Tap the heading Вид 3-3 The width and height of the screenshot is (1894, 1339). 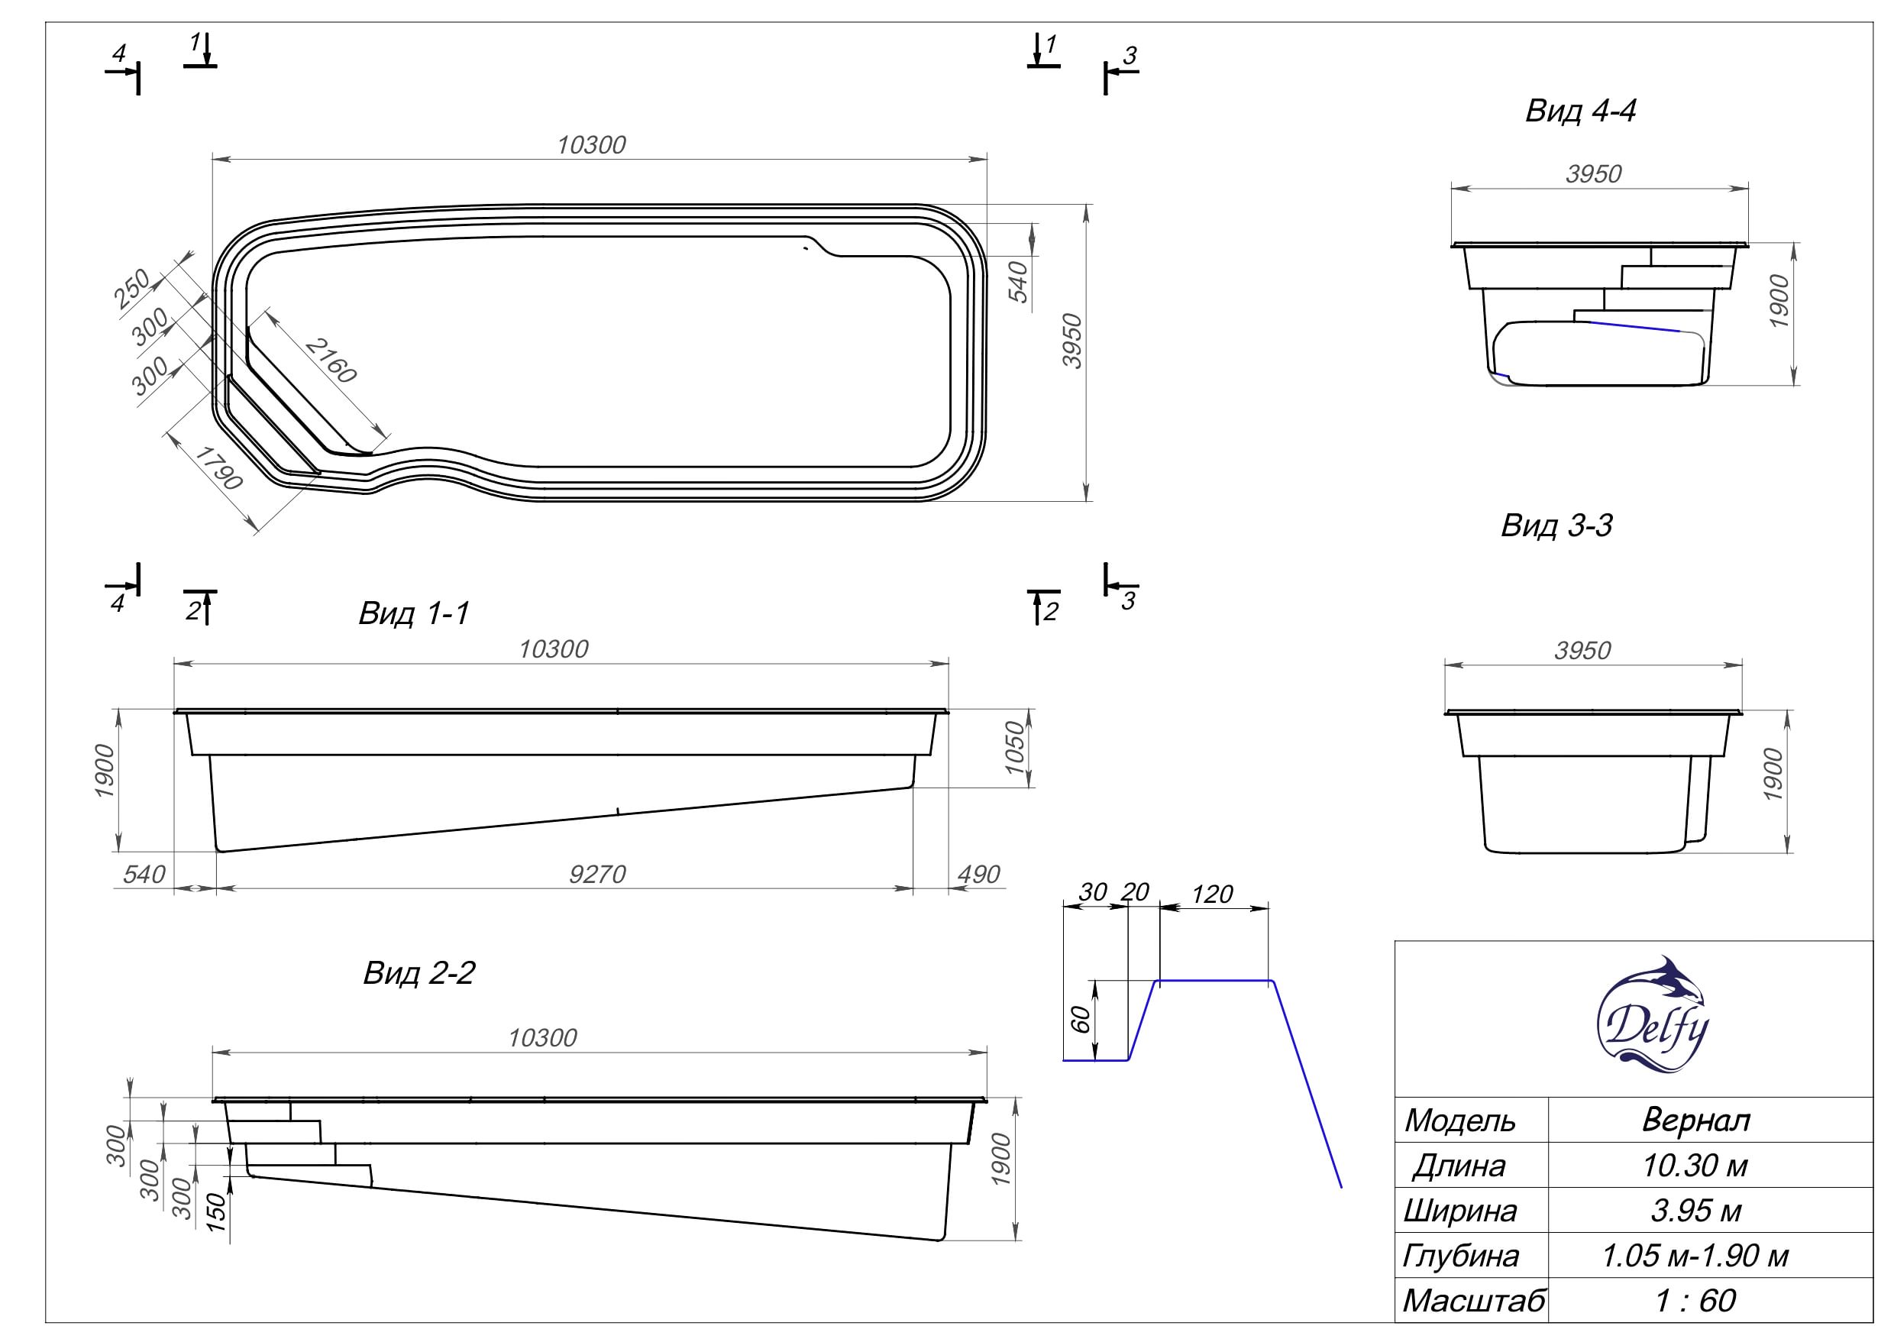[x=1556, y=526]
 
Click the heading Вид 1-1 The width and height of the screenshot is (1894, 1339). [x=414, y=613]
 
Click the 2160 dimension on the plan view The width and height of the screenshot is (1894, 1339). [x=331, y=361]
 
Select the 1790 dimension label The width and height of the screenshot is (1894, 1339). [x=218, y=467]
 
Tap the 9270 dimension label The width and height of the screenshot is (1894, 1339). [x=597, y=874]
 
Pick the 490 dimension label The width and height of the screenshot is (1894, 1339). [x=978, y=874]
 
